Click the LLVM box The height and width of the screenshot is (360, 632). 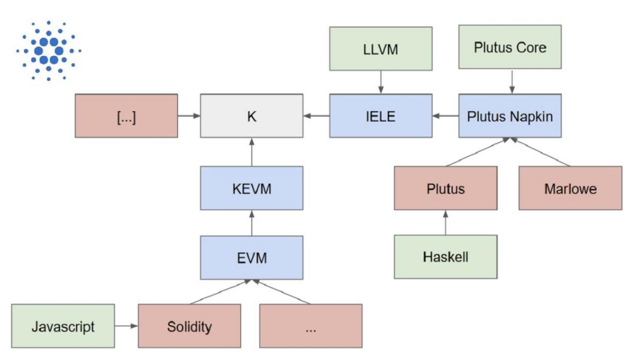pos(381,48)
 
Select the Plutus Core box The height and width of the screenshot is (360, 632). pos(510,47)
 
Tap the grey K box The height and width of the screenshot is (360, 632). pos(251,116)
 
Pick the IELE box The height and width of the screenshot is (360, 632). pos(381,116)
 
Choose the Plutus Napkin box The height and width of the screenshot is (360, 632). pos(510,116)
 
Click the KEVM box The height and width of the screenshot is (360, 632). pos(251,188)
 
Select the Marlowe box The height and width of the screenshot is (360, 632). pos(570,188)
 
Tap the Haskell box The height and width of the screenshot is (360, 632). pos(445,257)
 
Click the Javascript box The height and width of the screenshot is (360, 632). pos(63,326)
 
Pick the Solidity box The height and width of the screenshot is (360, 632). pos(189,326)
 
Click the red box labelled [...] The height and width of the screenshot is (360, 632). pos(126,116)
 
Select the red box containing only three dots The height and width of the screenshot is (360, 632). pos(311,326)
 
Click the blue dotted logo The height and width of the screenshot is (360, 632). pos(48,51)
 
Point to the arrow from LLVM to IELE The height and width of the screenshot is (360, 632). pos(381,82)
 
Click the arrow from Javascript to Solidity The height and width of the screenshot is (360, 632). pos(126,326)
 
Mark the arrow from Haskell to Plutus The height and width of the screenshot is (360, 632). pos(445,222)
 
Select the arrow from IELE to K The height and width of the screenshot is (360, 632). pos(316,116)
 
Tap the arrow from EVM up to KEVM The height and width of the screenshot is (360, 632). pos(251,223)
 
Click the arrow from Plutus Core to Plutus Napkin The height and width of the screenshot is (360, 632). pos(510,81)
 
